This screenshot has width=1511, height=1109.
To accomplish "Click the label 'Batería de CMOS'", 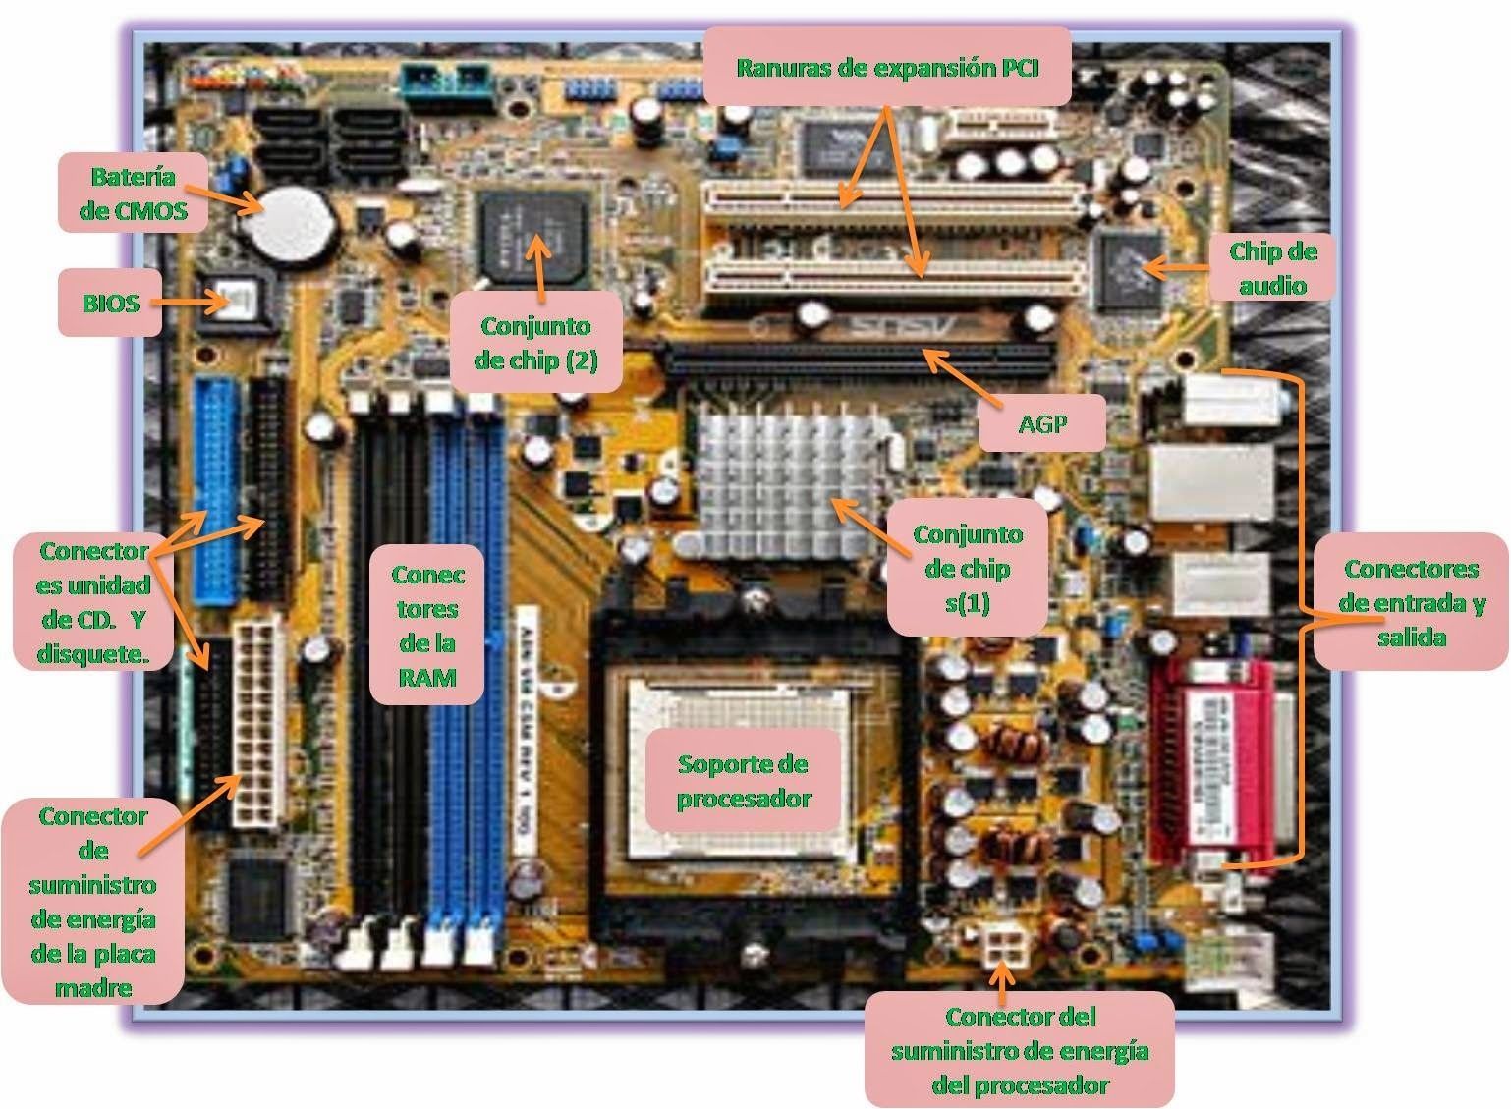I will (134, 193).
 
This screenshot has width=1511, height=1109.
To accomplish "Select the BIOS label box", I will (110, 303).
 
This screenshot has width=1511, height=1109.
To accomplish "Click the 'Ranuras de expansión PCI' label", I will (887, 67).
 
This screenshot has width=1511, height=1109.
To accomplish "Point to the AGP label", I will (1042, 423).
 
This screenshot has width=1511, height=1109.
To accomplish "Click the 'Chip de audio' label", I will (1272, 267).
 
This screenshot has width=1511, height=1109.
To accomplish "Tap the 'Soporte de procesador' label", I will (743, 780).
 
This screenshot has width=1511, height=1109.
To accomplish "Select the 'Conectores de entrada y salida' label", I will (1411, 602).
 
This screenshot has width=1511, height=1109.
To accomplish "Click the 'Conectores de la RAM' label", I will (427, 625).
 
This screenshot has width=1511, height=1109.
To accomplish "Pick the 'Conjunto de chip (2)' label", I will (535, 342).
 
